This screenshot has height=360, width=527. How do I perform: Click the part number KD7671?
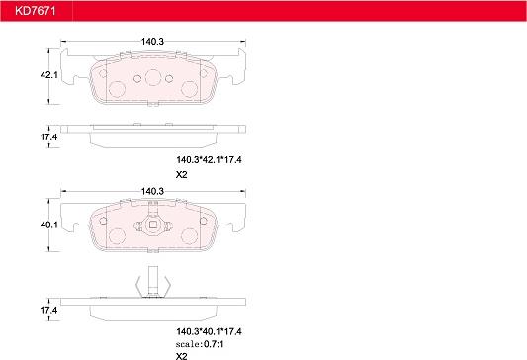pyautogui.click(x=35, y=11)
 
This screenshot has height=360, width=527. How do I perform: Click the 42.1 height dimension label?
pyautogui.click(x=49, y=75)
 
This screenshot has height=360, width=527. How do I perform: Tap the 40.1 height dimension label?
pyautogui.click(x=49, y=225)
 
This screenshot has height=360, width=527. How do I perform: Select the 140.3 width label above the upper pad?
pyautogui.click(x=152, y=42)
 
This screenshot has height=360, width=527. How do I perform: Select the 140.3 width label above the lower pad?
pyautogui.click(x=152, y=191)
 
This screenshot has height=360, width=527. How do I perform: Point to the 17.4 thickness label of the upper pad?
pyautogui.click(x=49, y=137)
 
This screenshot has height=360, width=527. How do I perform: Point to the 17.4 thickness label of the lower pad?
pyautogui.click(x=49, y=310)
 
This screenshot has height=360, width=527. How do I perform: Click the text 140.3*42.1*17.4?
pyautogui.click(x=209, y=160)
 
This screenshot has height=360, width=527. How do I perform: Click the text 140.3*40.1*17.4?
pyautogui.click(x=209, y=331)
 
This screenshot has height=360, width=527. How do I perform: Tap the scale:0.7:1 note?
pyautogui.click(x=200, y=344)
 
